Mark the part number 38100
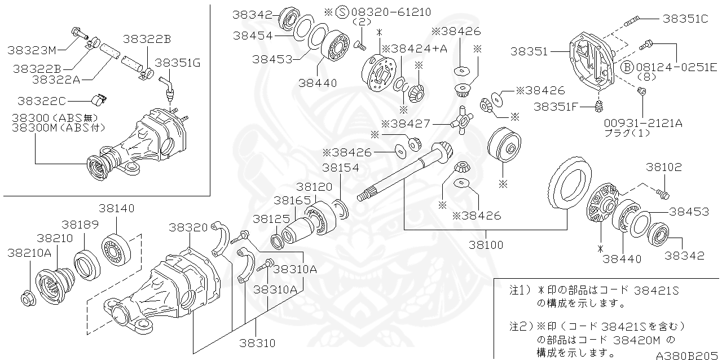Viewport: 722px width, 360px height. click(486, 246)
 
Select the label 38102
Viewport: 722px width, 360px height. click(664, 168)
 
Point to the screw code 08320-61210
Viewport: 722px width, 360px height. click(390, 12)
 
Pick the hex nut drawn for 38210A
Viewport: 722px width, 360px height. click(28, 297)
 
